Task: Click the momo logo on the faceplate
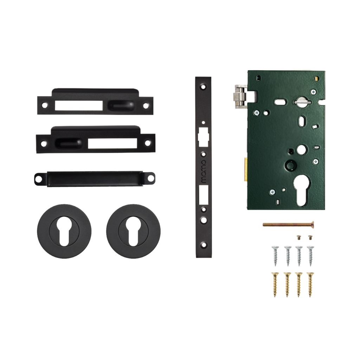pos(203,172)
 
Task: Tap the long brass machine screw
pos(289,224)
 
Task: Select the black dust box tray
pos(95,179)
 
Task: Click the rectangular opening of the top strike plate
pos(78,105)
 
